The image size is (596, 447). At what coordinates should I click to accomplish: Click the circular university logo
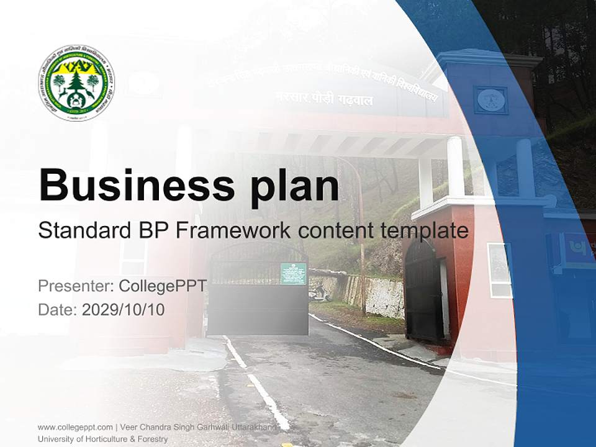pos(76,83)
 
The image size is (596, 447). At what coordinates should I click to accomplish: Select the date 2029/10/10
pos(124,309)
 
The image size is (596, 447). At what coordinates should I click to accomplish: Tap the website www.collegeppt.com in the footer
pos(75,427)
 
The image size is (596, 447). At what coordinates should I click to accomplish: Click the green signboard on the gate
pos(293,273)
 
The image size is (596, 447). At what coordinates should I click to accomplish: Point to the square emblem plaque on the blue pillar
pos(490,99)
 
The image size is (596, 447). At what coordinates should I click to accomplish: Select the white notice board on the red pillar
pos(500,270)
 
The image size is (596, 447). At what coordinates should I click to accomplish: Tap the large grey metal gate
pos(258,298)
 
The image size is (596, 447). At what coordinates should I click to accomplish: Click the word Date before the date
pos(56,309)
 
